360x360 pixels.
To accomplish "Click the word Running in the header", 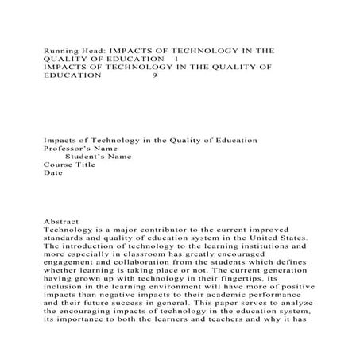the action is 60,48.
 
